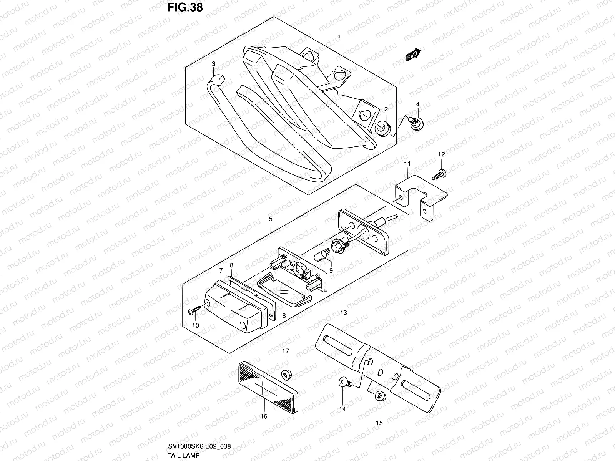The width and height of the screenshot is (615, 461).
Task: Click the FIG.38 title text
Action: (185, 7)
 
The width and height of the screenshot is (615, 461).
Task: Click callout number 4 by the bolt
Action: (418, 105)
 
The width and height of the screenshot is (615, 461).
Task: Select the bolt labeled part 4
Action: (416, 123)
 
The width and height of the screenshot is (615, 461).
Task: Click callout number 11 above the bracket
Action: (407, 164)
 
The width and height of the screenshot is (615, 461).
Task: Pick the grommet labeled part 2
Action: (382, 129)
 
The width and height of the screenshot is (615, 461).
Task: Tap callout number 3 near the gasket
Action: (214, 64)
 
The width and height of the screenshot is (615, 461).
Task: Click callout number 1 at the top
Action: (339, 36)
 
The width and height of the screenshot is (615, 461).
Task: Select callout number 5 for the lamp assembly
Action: (271, 219)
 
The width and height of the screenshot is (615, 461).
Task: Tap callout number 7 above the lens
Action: (221, 271)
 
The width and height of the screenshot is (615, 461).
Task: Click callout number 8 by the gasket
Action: (231, 265)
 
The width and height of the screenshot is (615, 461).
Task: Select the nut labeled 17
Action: (286, 373)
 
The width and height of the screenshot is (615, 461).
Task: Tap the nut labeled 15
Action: (379, 396)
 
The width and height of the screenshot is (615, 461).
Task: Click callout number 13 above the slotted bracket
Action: (343, 313)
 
